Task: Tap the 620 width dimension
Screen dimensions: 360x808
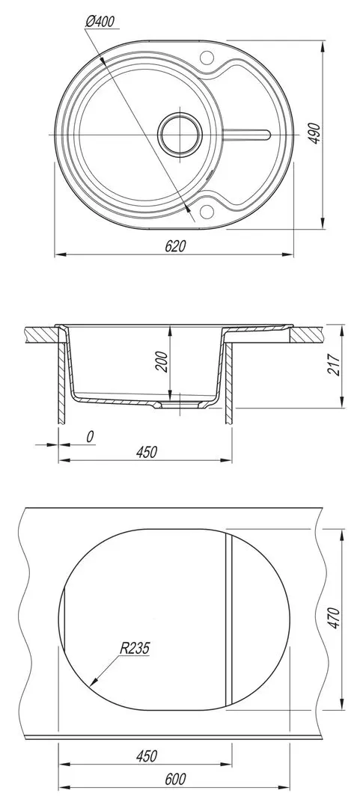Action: coord(175,246)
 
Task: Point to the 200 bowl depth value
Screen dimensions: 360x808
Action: coord(162,361)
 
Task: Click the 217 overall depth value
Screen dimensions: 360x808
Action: coord(335,364)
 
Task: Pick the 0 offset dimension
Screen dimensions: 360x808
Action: coord(90,437)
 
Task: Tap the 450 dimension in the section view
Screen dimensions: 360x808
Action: coord(146,452)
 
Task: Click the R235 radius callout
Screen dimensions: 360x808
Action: coord(135,648)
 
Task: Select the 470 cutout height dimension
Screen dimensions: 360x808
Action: coord(335,618)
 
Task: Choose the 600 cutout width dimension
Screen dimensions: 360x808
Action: coord(175,779)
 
